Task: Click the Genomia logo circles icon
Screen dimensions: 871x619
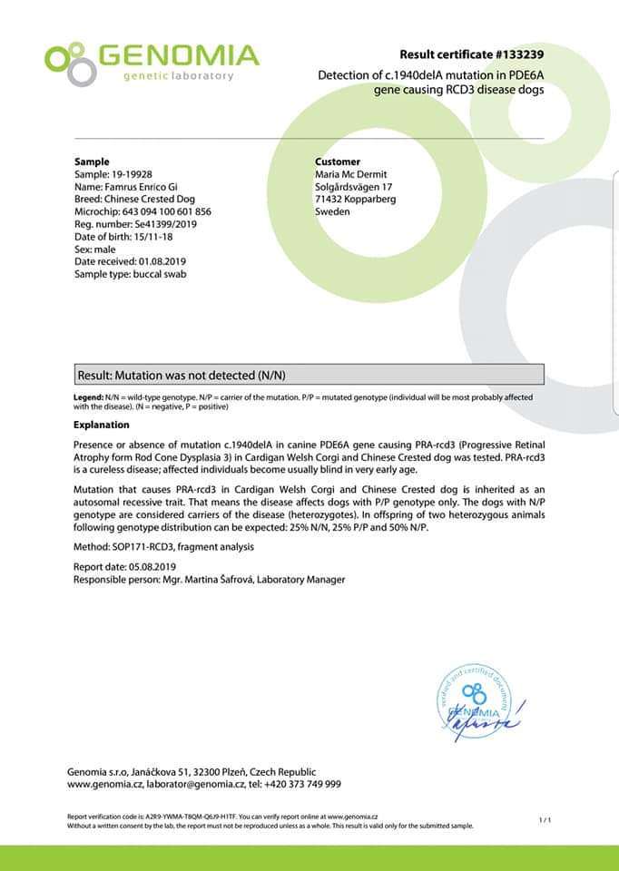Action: (70, 63)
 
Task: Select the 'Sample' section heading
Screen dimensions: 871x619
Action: (92, 161)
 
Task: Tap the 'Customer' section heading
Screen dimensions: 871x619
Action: (338, 161)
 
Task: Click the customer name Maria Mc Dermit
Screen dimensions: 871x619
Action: (350, 174)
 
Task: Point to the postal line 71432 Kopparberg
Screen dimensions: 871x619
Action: (355, 199)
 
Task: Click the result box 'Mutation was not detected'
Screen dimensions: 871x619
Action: (309, 375)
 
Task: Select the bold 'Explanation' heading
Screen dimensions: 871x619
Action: (101, 425)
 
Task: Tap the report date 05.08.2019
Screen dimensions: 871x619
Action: (152, 566)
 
